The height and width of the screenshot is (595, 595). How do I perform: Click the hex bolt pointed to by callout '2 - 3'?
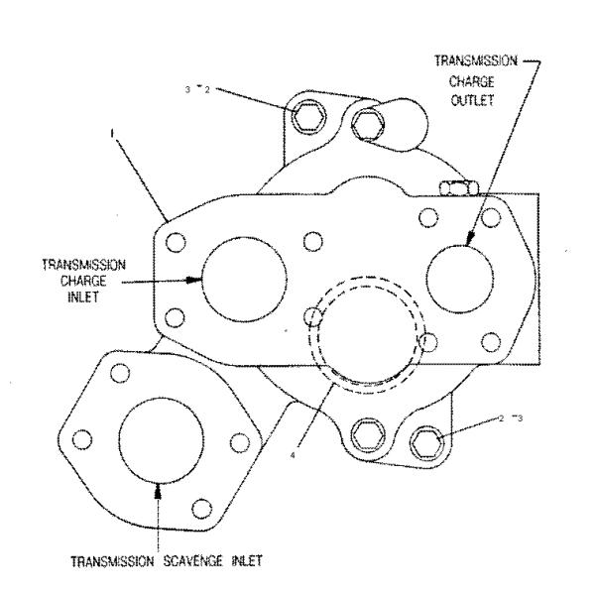point(428,435)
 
